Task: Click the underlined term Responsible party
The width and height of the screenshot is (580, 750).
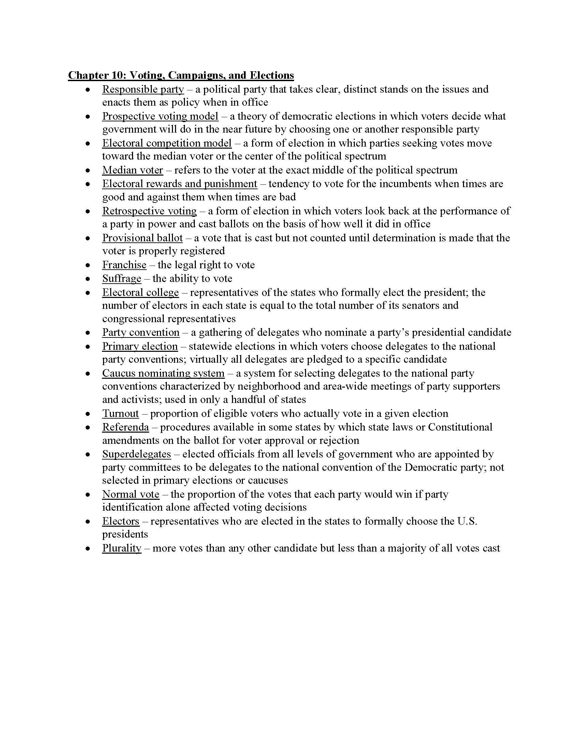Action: pos(143,89)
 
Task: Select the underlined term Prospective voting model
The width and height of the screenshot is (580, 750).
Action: pos(160,116)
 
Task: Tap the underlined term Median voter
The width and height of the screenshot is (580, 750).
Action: pos(133,170)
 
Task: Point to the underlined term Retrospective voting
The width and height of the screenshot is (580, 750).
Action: pos(149,211)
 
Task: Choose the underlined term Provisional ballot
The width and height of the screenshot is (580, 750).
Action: pos(142,238)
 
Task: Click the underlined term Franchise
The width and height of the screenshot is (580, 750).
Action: pos(124,265)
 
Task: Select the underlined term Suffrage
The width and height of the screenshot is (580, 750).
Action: pos(122,279)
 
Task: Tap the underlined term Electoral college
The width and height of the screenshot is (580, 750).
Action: pos(141,292)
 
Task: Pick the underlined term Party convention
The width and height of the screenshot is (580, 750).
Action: pos(141,332)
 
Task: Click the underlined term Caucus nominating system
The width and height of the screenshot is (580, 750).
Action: pos(163,373)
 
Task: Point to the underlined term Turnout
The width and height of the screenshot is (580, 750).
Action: pos(120,414)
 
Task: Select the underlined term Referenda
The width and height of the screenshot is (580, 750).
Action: pos(126,427)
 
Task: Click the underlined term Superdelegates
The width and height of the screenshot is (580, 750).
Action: pos(136,454)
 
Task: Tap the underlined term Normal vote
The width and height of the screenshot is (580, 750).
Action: pos(131,495)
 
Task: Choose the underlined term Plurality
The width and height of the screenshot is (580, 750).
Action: pos(122,549)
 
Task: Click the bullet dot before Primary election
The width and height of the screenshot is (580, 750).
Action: pos(88,347)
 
